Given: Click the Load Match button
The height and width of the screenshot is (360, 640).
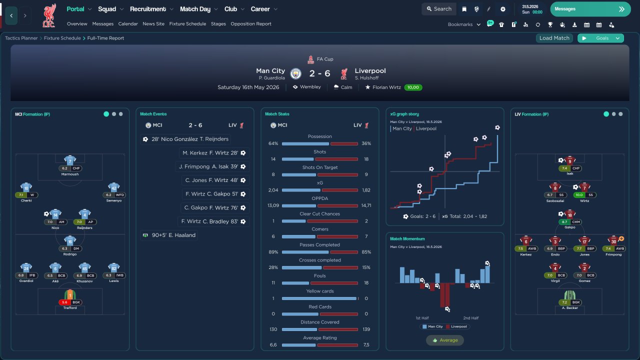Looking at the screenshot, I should click(554, 38).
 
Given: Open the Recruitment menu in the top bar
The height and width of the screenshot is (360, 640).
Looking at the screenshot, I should click(151, 9).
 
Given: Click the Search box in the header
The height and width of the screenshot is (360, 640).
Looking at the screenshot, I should click(438, 9).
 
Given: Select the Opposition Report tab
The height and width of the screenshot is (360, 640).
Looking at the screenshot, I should click(251, 23).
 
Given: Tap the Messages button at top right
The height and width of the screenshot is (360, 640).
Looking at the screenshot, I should click(590, 9).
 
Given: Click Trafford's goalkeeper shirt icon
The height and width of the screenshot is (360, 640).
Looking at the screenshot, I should click(70, 295).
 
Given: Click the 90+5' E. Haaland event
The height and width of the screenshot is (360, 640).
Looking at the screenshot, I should click(169, 235).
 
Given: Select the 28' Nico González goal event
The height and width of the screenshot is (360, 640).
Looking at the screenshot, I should click(185, 139).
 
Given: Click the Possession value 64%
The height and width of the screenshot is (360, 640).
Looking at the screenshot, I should click(273, 143).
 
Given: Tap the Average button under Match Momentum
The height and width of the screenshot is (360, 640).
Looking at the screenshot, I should click(444, 340).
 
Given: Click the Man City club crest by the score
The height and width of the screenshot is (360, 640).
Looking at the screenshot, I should click(296, 73).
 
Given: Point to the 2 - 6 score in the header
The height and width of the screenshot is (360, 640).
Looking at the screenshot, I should click(319, 73).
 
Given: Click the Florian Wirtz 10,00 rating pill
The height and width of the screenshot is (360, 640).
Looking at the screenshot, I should click(412, 87).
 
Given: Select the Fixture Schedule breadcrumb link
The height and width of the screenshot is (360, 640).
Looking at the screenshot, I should click(62, 38).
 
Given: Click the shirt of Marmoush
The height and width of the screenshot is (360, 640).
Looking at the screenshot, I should click(70, 160).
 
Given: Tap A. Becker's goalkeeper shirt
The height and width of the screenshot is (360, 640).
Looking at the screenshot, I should click(569, 295).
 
